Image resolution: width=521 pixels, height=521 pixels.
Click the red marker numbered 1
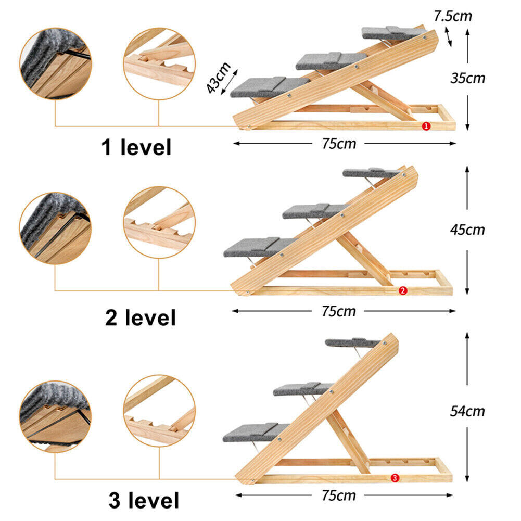pos(426,126)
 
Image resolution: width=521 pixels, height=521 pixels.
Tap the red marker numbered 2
pos(402,291)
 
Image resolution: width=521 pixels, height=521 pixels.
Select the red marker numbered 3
pos(395,477)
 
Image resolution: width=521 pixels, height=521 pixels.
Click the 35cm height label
pos(467,78)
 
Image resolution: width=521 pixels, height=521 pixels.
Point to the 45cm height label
pos(467,230)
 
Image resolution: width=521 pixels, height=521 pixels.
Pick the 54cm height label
pos(467,411)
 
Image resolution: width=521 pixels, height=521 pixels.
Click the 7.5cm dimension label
pos(452,16)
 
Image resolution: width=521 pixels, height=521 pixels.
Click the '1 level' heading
pos(136,148)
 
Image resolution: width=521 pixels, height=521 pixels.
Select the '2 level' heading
pos(141,317)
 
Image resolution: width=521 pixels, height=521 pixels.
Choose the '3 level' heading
pos(144,501)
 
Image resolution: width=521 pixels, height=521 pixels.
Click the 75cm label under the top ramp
pos(339,144)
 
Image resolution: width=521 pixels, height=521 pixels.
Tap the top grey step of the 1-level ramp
pos(390,32)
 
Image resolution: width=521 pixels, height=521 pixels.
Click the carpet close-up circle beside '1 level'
pos(55,63)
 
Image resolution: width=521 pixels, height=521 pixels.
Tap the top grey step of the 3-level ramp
pos(352,342)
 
